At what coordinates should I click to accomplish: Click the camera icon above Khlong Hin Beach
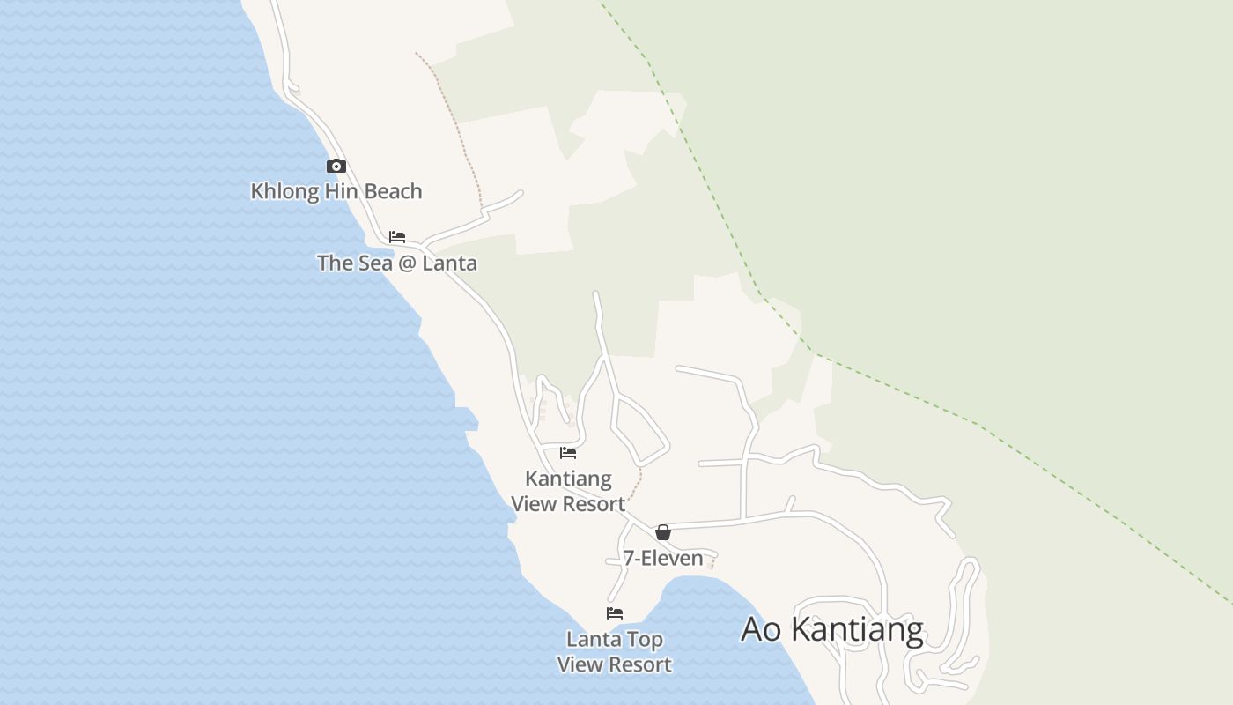click(336, 166)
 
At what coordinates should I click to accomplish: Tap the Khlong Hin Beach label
click(336, 191)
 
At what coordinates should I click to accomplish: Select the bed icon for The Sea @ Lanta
click(397, 237)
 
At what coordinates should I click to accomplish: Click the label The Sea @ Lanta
click(397, 263)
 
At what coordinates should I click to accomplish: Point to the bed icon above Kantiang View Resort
click(568, 453)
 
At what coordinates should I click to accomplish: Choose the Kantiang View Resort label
click(568, 491)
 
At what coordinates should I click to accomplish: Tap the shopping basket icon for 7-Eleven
click(663, 532)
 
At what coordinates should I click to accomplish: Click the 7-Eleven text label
click(663, 558)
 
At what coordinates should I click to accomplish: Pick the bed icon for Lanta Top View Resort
click(615, 613)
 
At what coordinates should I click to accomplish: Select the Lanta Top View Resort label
click(615, 652)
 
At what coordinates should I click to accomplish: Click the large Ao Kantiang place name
click(832, 630)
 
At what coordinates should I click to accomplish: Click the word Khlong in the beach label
click(284, 191)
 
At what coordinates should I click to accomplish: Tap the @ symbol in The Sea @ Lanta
click(406, 263)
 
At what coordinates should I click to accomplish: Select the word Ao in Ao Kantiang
click(763, 630)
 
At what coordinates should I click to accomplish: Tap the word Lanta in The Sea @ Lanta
click(450, 263)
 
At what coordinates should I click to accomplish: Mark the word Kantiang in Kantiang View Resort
click(568, 479)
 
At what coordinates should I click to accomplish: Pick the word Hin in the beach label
click(340, 191)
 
